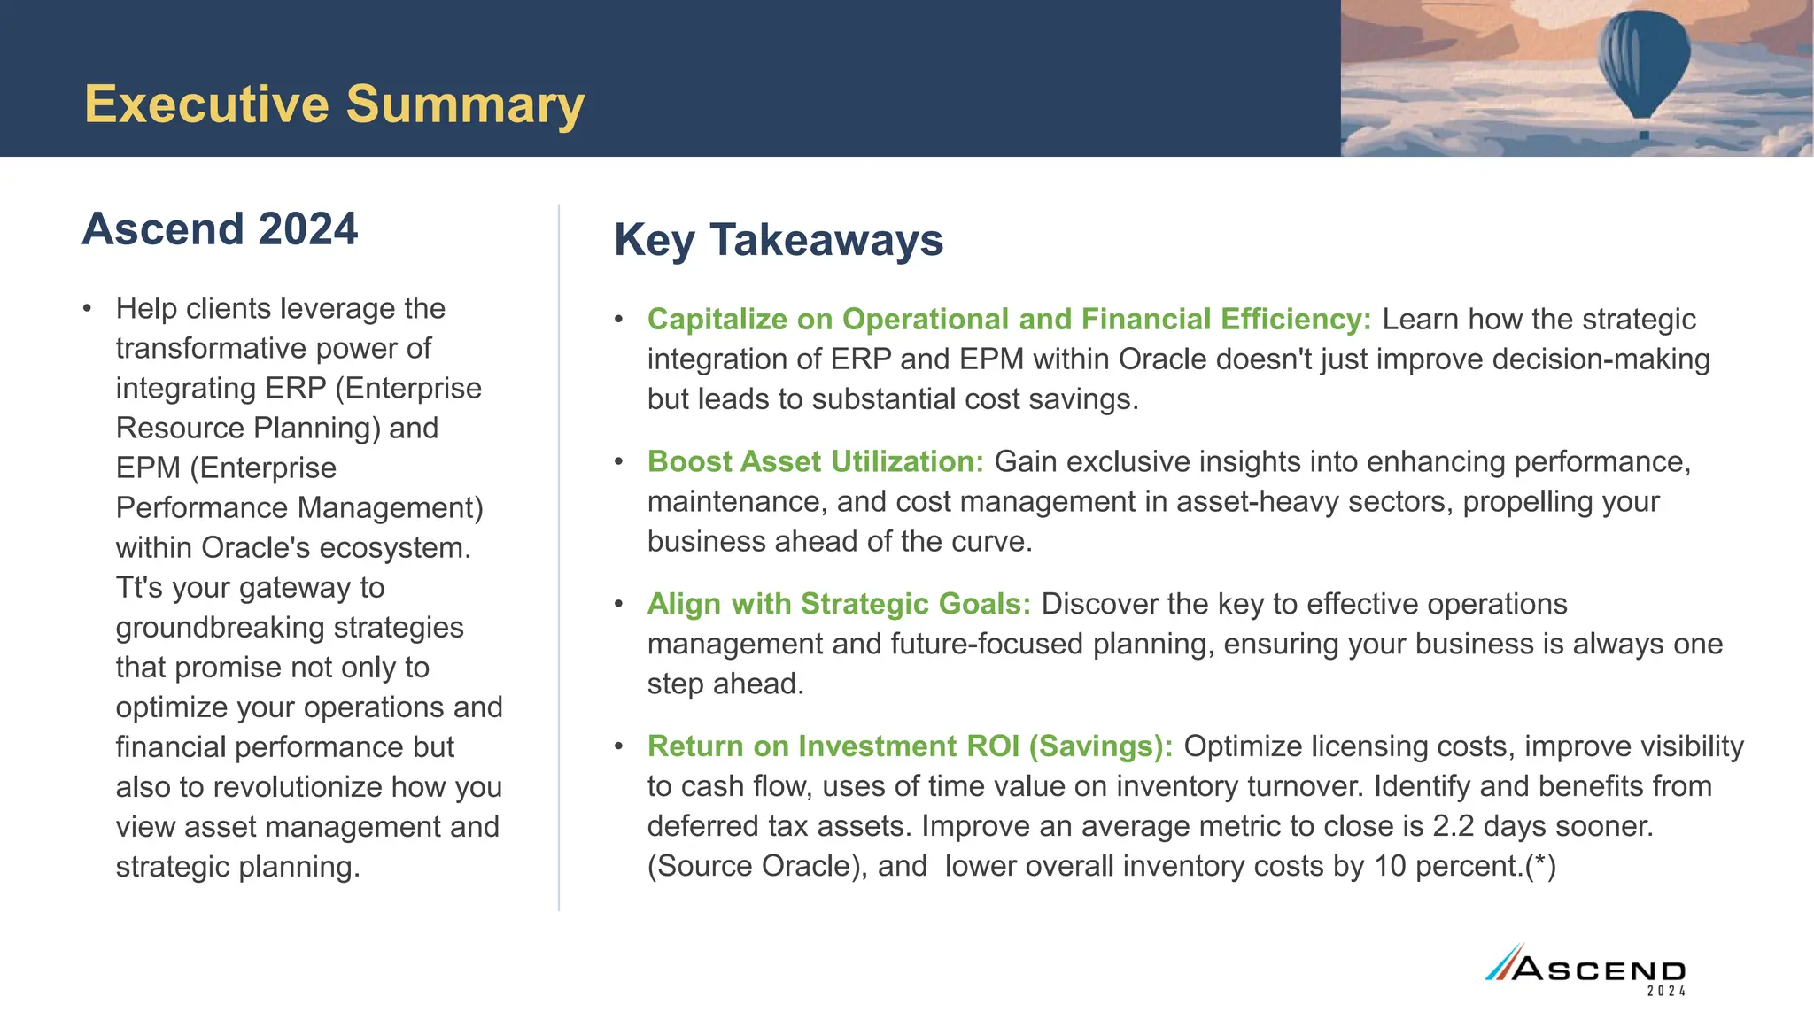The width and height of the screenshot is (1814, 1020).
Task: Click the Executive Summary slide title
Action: pos(334,104)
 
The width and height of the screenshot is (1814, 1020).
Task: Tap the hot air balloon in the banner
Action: pos(1643,66)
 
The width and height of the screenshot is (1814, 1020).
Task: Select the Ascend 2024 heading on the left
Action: pos(220,229)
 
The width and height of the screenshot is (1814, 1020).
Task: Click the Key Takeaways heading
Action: pos(778,240)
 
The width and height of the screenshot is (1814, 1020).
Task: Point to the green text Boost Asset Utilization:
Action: pos(815,462)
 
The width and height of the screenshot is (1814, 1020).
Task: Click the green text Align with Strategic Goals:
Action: pos(839,604)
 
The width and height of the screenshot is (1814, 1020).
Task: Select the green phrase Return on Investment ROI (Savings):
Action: pos(910,746)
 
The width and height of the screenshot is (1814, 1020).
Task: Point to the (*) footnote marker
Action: pos(1540,866)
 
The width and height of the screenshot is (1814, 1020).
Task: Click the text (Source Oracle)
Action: pos(757,866)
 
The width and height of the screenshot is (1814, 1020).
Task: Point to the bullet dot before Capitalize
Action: pos(619,320)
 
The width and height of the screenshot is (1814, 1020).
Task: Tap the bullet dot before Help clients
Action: pos(87,309)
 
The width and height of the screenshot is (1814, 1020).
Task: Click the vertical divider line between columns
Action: pos(559,558)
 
